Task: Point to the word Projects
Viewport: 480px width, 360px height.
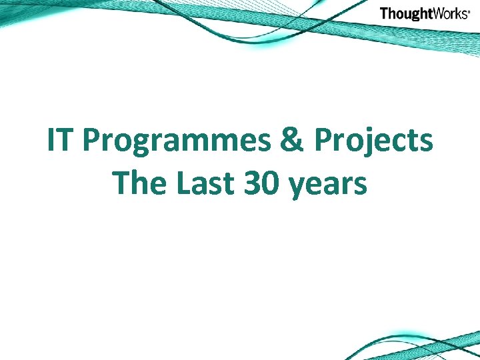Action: click(x=373, y=142)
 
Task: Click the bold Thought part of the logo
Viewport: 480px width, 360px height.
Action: click(x=406, y=14)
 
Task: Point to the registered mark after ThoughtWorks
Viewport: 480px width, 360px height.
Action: click(x=469, y=11)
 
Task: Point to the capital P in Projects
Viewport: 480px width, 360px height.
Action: click(x=324, y=141)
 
